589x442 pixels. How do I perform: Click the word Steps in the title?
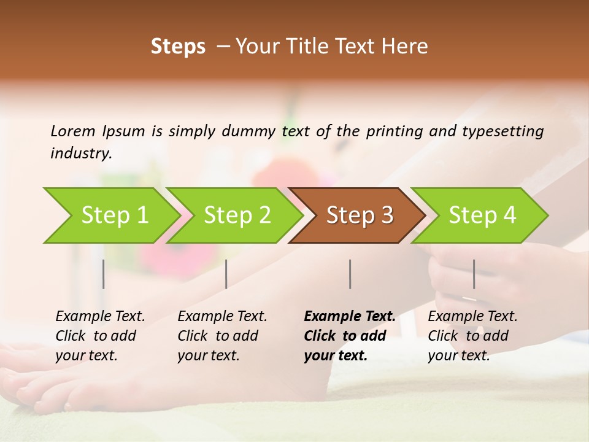pyautogui.click(x=178, y=47)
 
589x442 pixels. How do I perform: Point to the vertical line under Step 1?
pyautogui.click(x=103, y=274)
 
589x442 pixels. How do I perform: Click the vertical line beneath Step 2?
pyautogui.click(x=226, y=274)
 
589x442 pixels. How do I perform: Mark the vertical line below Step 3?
pyautogui.click(x=350, y=274)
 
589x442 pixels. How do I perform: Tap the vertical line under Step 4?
pyautogui.click(x=474, y=274)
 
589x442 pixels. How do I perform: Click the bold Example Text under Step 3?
pyautogui.click(x=350, y=317)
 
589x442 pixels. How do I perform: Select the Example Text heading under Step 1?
pyautogui.click(x=100, y=317)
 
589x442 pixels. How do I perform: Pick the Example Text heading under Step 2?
pyautogui.click(x=222, y=317)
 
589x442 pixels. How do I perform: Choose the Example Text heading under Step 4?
pyautogui.click(x=472, y=317)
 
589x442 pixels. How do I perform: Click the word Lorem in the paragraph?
pyautogui.click(x=73, y=131)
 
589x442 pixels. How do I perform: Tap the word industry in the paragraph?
pyautogui.click(x=81, y=153)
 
